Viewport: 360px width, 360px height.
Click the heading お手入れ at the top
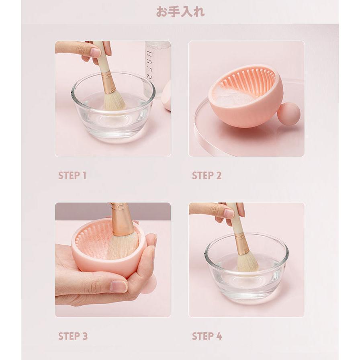tap(180, 12)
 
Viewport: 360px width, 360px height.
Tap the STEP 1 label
tap(72, 176)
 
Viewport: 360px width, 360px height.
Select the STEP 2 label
tap(207, 176)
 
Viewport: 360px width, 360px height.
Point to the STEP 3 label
tap(73, 336)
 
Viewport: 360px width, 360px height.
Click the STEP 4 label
tap(207, 336)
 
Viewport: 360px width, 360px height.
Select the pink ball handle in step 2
tap(288, 114)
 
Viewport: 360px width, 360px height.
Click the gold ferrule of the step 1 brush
tap(108, 83)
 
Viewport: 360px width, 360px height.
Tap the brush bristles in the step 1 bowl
tap(114, 101)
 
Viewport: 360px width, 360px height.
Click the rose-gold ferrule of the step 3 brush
tap(121, 221)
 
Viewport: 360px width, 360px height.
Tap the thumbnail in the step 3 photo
tap(118, 286)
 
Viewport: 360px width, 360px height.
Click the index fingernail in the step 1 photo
tap(96, 52)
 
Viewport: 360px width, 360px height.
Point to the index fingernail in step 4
tap(229, 213)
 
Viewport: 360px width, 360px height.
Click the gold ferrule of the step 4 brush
tap(242, 244)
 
